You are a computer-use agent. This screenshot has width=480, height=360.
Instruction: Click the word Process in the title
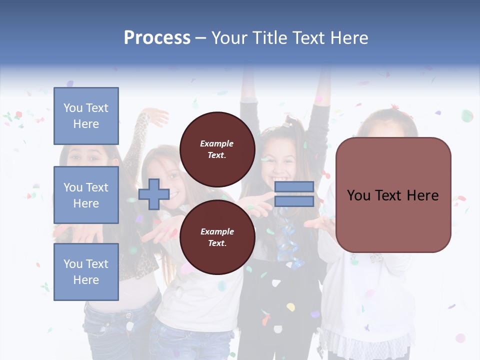point(157,38)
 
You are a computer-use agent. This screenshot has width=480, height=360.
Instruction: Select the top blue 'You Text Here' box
point(86,116)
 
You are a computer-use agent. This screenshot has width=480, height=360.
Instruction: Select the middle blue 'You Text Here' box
point(86,195)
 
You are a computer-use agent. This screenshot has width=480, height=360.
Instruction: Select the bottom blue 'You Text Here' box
point(86,272)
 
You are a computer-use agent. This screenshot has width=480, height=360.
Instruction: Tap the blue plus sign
point(154,194)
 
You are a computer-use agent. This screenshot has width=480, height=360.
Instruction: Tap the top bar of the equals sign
point(294,187)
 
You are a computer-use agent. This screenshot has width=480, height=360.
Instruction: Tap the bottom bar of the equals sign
point(294,201)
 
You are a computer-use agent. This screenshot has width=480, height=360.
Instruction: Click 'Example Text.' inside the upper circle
point(217,149)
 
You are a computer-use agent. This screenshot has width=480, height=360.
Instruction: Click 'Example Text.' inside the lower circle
point(217,237)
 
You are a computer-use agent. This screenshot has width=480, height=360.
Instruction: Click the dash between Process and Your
point(201,38)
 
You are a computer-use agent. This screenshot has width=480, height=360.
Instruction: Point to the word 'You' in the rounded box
point(359,195)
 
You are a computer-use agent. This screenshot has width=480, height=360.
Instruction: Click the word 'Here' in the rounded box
point(423,195)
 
